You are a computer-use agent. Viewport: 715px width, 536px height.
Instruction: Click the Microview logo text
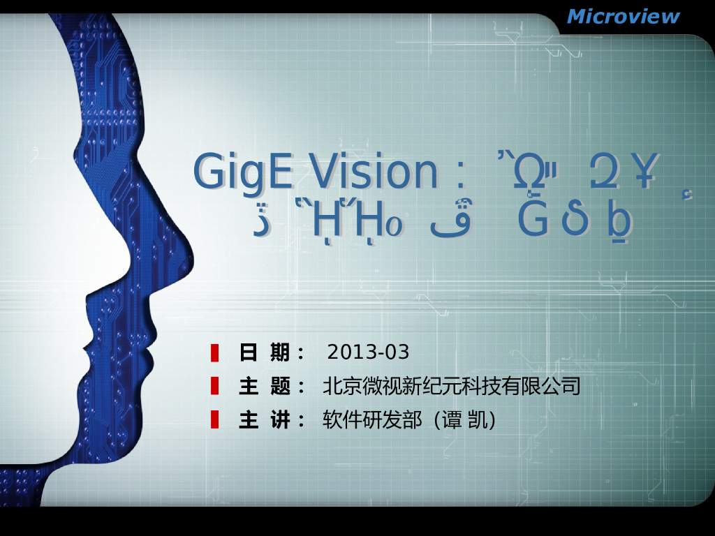(x=623, y=16)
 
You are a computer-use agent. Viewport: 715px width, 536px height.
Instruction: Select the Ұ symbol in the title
(x=643, y=172)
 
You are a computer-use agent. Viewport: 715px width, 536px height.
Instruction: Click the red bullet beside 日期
(x=215, y=352)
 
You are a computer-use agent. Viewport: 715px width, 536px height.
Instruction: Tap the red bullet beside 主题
(x=215, y=386)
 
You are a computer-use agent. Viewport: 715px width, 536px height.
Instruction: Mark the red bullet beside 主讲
(x=215, y=419)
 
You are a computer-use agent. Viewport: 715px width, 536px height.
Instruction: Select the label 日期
(x=265, y=352)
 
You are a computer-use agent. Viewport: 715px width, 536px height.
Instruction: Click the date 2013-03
(x=368, y=352)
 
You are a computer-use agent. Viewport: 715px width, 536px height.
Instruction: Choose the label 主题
(x=265, y=386)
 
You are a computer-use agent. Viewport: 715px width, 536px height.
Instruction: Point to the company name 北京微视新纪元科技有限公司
(x=452, y=386)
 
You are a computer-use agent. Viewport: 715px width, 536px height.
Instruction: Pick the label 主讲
(x=265, y=420)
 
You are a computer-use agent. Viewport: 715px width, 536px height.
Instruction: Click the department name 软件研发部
(x=372, y=420)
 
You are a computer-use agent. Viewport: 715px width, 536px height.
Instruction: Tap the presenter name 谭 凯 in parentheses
(x=464, y=420)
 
